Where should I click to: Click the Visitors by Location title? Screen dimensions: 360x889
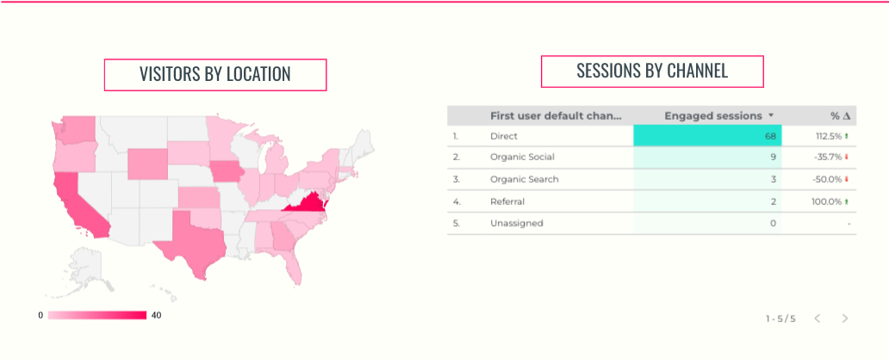214,74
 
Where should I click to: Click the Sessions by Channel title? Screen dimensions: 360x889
652,71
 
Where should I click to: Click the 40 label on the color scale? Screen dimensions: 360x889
156,315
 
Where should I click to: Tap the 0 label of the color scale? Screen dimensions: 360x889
40,315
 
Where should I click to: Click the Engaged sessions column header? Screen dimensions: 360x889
713,115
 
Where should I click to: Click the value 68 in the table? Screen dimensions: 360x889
770,136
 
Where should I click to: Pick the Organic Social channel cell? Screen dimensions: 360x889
522,158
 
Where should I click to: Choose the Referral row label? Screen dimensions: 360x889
507,202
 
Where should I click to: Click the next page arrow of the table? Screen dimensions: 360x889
845,319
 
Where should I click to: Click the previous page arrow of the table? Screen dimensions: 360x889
818,319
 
